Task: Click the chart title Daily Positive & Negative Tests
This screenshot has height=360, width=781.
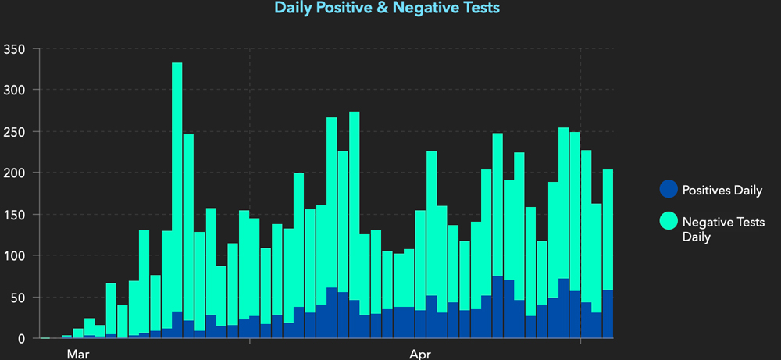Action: (x=387, y=9)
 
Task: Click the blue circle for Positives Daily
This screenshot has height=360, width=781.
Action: (x=668, y=190)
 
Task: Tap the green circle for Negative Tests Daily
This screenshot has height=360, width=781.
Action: (x=668, y=222)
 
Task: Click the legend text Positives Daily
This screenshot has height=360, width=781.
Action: (x=722, y=191)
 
